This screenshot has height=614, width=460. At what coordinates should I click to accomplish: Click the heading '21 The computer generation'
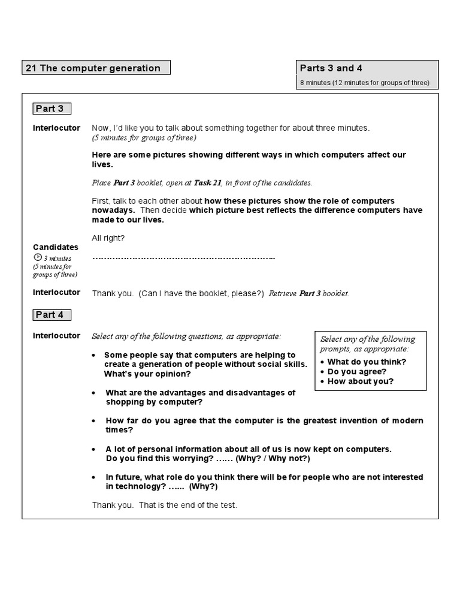(93, 68)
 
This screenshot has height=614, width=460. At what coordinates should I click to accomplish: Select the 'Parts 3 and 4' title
(331, 68)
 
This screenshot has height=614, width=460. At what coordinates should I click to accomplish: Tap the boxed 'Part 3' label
(50, 109)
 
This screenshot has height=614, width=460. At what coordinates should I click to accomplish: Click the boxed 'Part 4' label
(50, 315)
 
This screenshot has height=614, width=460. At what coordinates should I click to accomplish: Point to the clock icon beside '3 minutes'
(37, 258)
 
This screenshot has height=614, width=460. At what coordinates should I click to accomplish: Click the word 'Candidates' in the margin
(56, 247)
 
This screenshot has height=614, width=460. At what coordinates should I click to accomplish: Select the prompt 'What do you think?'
(367, 362)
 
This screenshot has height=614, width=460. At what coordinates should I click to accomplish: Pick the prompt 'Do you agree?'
(356, 371)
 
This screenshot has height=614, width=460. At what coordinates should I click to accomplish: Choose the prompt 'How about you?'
(360, 381)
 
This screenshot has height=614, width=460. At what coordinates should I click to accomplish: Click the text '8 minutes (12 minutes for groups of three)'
(365, 83)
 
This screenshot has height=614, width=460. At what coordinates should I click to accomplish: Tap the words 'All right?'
(108, 238)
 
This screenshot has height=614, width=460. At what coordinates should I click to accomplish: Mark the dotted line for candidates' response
(183, 258)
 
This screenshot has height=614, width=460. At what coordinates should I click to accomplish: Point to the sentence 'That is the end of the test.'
(188, 505)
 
